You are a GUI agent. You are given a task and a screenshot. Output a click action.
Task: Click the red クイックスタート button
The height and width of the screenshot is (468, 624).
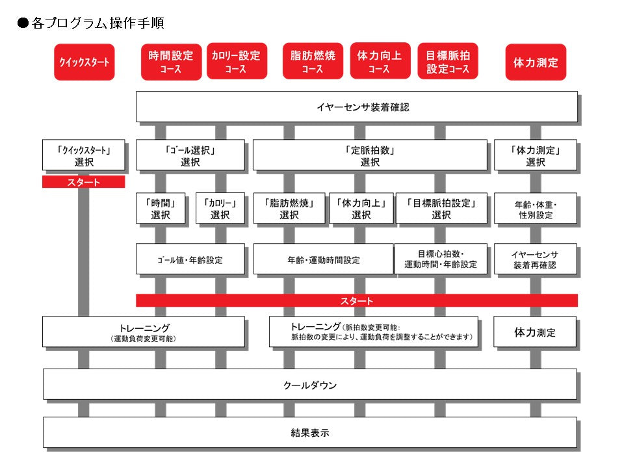click(x=84, y=62)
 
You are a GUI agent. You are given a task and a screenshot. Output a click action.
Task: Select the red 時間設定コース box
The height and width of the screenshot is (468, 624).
click(x=171, y=62)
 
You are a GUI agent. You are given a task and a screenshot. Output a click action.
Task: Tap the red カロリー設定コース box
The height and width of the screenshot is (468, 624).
click(x=237, y=62)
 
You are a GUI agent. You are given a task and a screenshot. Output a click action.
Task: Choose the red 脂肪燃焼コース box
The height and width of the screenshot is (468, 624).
click(x=313, y=62)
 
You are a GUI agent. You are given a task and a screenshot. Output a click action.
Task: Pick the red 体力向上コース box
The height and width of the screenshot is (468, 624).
click(x=380, y=62)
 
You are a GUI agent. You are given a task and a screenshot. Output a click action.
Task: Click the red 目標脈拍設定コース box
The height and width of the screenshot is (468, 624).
click(x=448, y=62)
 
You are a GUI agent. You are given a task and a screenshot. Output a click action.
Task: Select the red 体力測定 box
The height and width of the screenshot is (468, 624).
click(x=536, y=62)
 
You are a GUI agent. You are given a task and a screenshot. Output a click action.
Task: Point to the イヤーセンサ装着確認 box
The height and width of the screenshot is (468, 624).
click(x=356, y=107)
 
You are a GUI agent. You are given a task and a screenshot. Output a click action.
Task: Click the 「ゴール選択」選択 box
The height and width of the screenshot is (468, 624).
click(x=190, y=155)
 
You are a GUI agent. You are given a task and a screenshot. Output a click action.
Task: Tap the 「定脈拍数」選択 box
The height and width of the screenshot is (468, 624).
click(x=369, y=155)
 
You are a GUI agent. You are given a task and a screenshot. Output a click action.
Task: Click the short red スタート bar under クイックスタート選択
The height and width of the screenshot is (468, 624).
click(x=83, y=182)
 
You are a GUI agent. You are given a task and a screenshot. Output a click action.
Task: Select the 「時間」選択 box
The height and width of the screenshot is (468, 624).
click(x=160, y=209)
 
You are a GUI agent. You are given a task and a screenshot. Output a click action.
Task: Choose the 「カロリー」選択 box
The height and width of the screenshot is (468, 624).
click(x=220, y=209)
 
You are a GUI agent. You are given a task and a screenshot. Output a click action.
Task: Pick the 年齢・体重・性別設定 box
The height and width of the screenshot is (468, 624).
click(x=536, y=209)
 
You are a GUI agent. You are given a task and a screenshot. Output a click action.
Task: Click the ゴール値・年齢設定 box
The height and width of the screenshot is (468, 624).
click(x=190, y=259)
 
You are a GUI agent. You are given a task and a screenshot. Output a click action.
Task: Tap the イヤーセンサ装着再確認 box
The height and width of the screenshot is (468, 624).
click(x=536, y=259)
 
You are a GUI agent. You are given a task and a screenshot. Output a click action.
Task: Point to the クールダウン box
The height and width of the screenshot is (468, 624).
click(x=309, y=384)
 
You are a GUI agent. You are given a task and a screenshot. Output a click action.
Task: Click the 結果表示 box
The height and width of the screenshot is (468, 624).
click(x=309, y=432)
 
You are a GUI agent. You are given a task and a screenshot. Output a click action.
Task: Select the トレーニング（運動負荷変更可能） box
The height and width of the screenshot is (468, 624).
click(x=143, y=331)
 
